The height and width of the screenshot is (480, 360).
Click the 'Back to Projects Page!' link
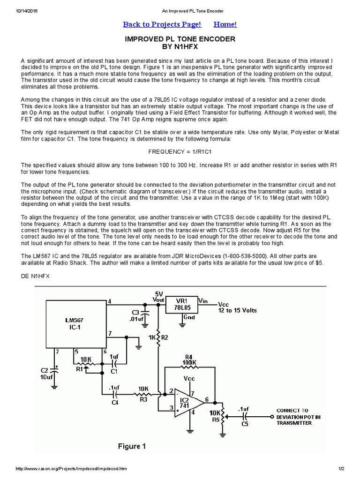[162, 24]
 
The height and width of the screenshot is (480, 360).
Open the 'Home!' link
[225, 24]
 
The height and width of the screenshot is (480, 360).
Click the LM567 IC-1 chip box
[75, 323]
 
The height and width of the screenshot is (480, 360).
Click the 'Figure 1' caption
[132, 446]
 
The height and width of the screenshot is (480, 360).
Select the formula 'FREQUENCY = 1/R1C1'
[180, 152]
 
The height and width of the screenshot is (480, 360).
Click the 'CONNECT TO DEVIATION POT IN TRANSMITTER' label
[299, 416]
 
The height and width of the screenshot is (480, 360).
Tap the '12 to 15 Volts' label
[238, 310]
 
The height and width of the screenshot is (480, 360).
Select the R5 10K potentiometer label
[215, 416]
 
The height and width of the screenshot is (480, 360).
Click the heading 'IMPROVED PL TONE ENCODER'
[180, 39]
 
